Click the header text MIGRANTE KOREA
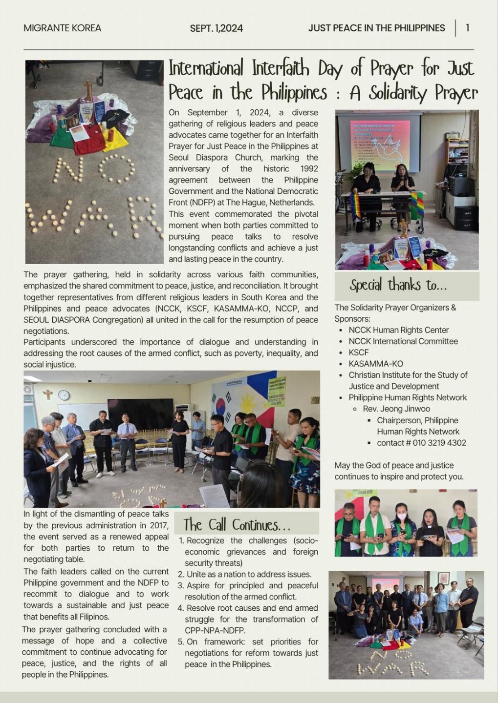62,28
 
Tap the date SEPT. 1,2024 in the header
216,28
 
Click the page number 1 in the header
467,28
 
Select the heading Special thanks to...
398,285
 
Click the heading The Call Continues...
237,525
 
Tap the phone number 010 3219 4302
439,443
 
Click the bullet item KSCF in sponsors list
359,352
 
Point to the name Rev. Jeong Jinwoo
396,409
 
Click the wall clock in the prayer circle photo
64,395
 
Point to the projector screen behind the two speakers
379,141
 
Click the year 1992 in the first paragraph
308,169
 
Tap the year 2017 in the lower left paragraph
158,525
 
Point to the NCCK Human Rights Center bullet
398,330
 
